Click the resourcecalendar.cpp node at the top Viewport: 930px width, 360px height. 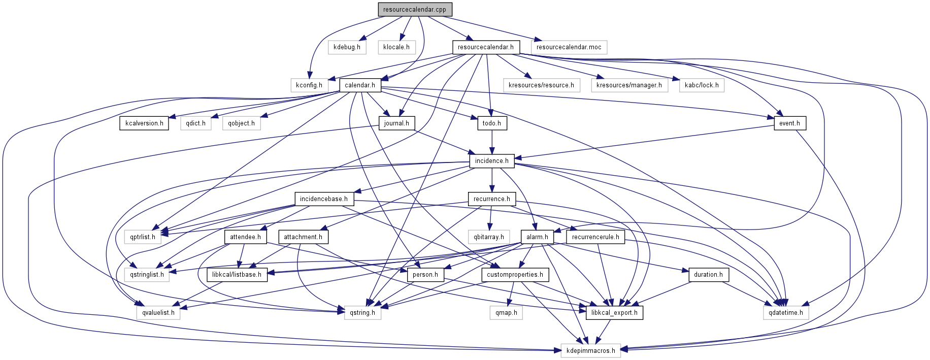414,9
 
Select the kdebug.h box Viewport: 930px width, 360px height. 347,47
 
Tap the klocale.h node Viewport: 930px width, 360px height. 396,47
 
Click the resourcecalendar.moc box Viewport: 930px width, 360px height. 569,47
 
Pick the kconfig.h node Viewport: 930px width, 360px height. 309,85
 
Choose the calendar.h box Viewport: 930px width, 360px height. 359,85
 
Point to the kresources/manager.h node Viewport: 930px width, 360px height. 629,85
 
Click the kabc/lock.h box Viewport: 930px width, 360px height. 702,85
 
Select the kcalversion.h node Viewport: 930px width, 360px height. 144,123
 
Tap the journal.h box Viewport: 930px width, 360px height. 396,123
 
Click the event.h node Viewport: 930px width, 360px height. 789,123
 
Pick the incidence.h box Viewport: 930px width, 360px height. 491,161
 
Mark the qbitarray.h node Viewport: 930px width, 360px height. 489,237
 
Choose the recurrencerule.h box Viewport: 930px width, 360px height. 595,237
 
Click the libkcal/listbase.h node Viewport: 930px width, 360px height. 237,275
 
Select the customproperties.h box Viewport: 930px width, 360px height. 515,275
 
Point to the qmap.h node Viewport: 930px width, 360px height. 506,313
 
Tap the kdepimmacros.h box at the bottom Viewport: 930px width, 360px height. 590,351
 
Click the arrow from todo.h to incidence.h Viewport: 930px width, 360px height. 491,142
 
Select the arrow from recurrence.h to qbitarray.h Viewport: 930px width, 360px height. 490,218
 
